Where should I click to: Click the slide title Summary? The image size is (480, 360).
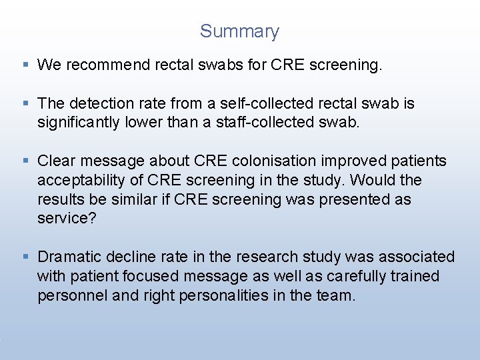point(239,31)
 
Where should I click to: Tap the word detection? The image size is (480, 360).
point(103,103)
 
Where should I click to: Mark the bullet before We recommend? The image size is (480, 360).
point(25,65)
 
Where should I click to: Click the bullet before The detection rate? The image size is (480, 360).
point(25,103)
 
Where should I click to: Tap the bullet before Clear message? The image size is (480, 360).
point(25,161)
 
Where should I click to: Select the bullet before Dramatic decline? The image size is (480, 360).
point(25,257)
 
